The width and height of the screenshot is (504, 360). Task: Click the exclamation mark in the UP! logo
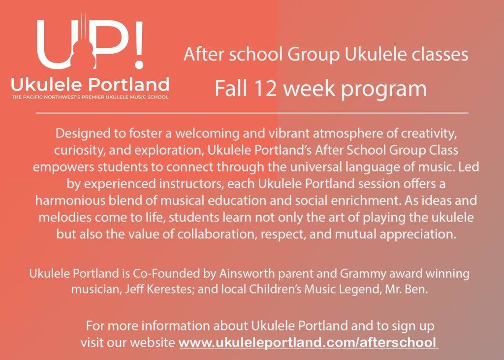[138, 45]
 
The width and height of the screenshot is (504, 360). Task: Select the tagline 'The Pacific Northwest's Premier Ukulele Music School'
[90, 97]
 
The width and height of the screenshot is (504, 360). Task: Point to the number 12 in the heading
[265, 89]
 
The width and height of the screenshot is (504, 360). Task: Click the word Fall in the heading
[231, 88]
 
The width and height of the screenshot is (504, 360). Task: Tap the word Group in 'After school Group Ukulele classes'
[314, 55]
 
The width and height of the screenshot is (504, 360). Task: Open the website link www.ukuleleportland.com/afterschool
[308, 342]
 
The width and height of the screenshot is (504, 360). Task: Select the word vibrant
[288, 133]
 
